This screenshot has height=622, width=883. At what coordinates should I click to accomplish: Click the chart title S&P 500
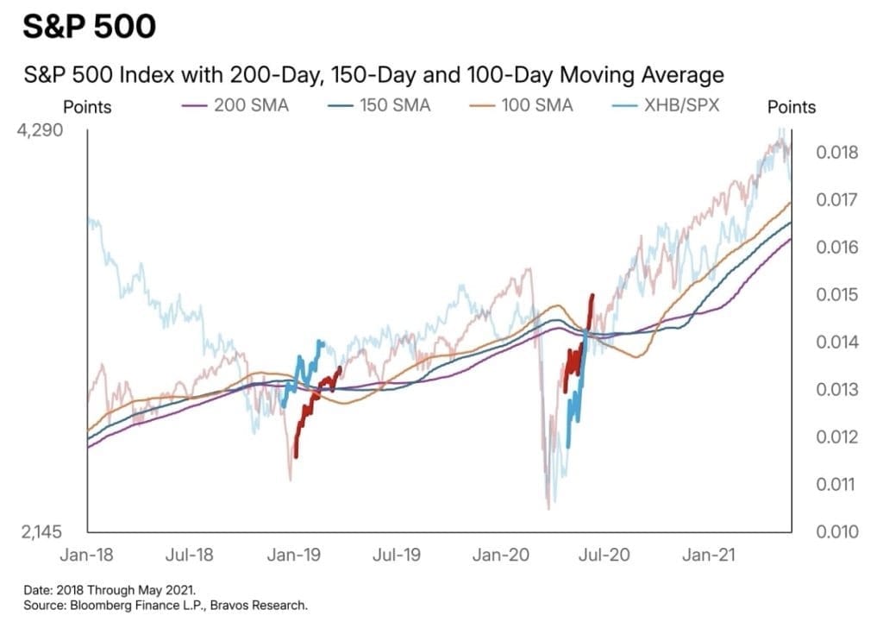tap(90, 26)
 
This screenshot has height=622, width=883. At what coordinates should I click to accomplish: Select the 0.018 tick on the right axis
tap(835, 154)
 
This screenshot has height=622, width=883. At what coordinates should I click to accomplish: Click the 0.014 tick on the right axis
tap(835, 342)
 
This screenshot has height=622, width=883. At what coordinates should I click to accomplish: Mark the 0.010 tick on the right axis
tap(835, 531)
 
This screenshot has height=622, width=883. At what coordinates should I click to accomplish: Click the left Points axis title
tap(87, 108)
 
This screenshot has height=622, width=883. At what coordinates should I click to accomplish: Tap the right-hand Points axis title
tap(791, 107)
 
